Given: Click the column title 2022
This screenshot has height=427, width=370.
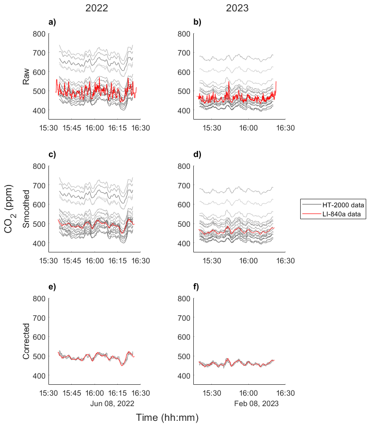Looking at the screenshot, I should [x=96, y=8].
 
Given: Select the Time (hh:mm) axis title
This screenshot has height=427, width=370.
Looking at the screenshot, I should [x=167, y=418].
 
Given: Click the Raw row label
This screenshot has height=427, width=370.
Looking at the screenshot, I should [x=27, y=76].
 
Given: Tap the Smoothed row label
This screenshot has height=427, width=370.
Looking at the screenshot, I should [x=27, y=209].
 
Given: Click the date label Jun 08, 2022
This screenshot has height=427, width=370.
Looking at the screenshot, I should [x=113, y=403].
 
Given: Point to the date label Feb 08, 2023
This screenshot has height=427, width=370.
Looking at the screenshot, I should [x=256, y=403].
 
